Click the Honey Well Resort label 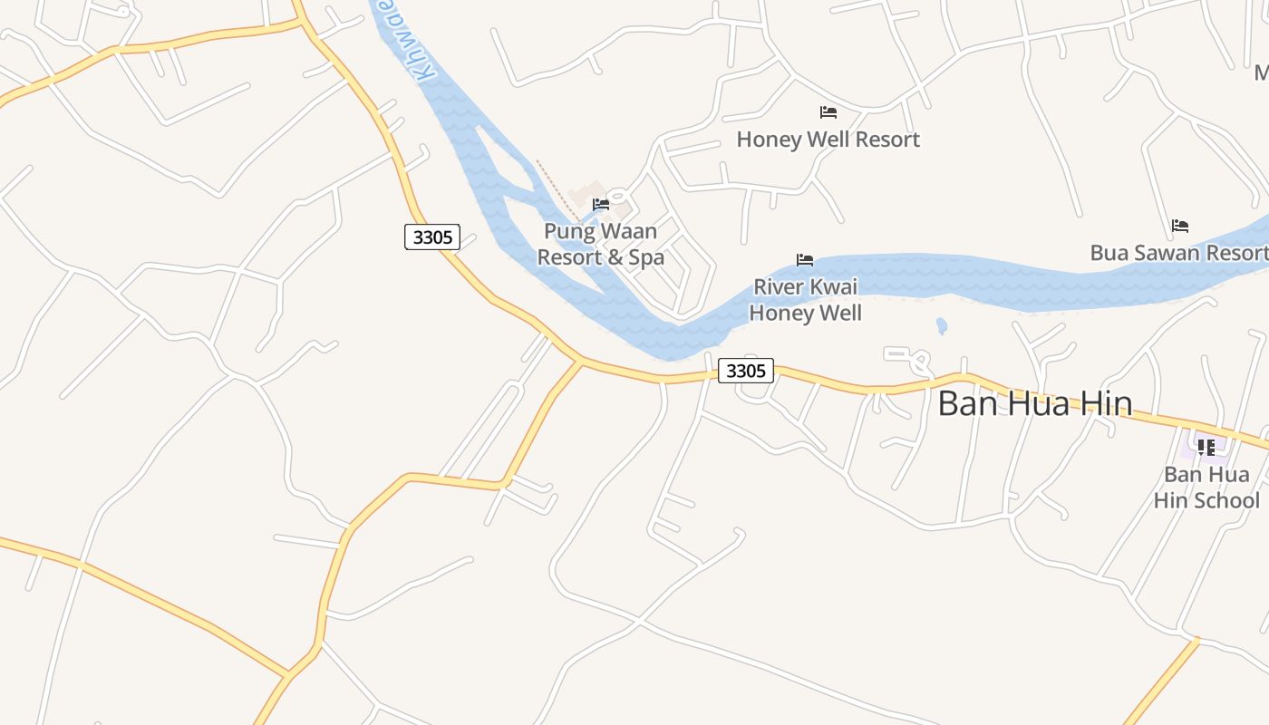point(828,140)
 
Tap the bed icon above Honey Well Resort point(828,112)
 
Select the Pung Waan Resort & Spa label point(600,245)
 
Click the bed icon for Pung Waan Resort point(600,205)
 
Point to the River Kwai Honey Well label point(805,300)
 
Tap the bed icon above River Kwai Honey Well point(805,260)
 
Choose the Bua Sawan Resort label point(1178,253)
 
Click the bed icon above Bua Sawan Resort point(1180,226)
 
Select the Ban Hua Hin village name point(1034,403)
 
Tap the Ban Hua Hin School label point(1206,488)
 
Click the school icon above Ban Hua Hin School point(1206,447)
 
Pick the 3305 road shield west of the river point(432,237)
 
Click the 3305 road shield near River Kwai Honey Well point(746,371)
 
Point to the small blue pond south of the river point(942,325)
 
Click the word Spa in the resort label point(646,257)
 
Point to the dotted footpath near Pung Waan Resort point(554,187)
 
